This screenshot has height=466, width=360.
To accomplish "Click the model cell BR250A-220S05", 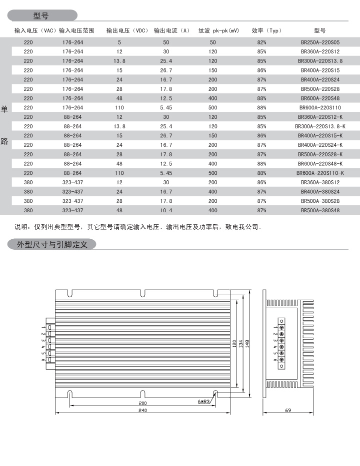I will click(320, 42).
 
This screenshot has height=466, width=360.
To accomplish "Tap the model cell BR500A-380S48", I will click(320, 210).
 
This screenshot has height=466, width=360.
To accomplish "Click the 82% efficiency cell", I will click(261, 42).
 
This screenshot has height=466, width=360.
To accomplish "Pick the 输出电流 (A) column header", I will click(171, 30).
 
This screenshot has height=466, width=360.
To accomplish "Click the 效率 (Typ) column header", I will click(266, 30).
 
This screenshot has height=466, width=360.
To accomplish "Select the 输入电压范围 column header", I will click(76, 30).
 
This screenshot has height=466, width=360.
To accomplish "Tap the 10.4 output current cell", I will click(166, 210).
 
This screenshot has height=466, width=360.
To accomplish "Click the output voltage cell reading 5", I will click(119, 42).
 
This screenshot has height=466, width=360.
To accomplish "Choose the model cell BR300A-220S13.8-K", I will click(320, 126).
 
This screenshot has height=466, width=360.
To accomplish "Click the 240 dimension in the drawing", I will click(143, 411).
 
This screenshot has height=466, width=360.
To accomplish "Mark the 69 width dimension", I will click(288, 411).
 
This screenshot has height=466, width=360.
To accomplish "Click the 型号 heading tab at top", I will click(40, 16).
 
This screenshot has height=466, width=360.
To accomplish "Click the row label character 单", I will click(4, 109).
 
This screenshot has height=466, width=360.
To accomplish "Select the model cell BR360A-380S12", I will click(320, 182).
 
